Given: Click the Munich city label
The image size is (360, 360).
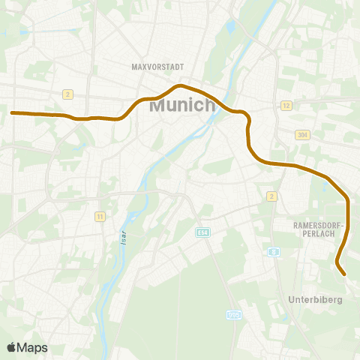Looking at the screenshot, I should pyautogui.click(x=183, y=106).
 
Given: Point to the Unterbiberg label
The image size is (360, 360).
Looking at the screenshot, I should pyautogui.click(x=315, y=299).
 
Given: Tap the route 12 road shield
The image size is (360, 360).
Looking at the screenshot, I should pyautogui.click(x=286, y=106).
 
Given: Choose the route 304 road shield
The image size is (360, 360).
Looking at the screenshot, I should pyautogui.click(x=302, y=135).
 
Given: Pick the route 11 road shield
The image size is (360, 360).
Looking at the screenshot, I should pyautogui.click(x=99, y=217).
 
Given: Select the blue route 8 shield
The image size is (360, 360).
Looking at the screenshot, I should pyautogui.click(x=274, y=252).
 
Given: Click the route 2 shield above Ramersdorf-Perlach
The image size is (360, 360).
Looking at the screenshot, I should pyautogui.click(x=271, y=196).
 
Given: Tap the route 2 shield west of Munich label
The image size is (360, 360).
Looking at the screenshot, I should pyautogui.click(x=67, y=94).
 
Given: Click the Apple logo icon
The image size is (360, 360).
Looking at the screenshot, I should pyautogui.click(x=11, y=347).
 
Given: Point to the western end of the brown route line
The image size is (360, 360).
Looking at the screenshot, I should pyautogui.click(x=12, y=113).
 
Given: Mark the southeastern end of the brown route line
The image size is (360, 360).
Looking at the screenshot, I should pyautogui.click(x=343, y=274).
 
